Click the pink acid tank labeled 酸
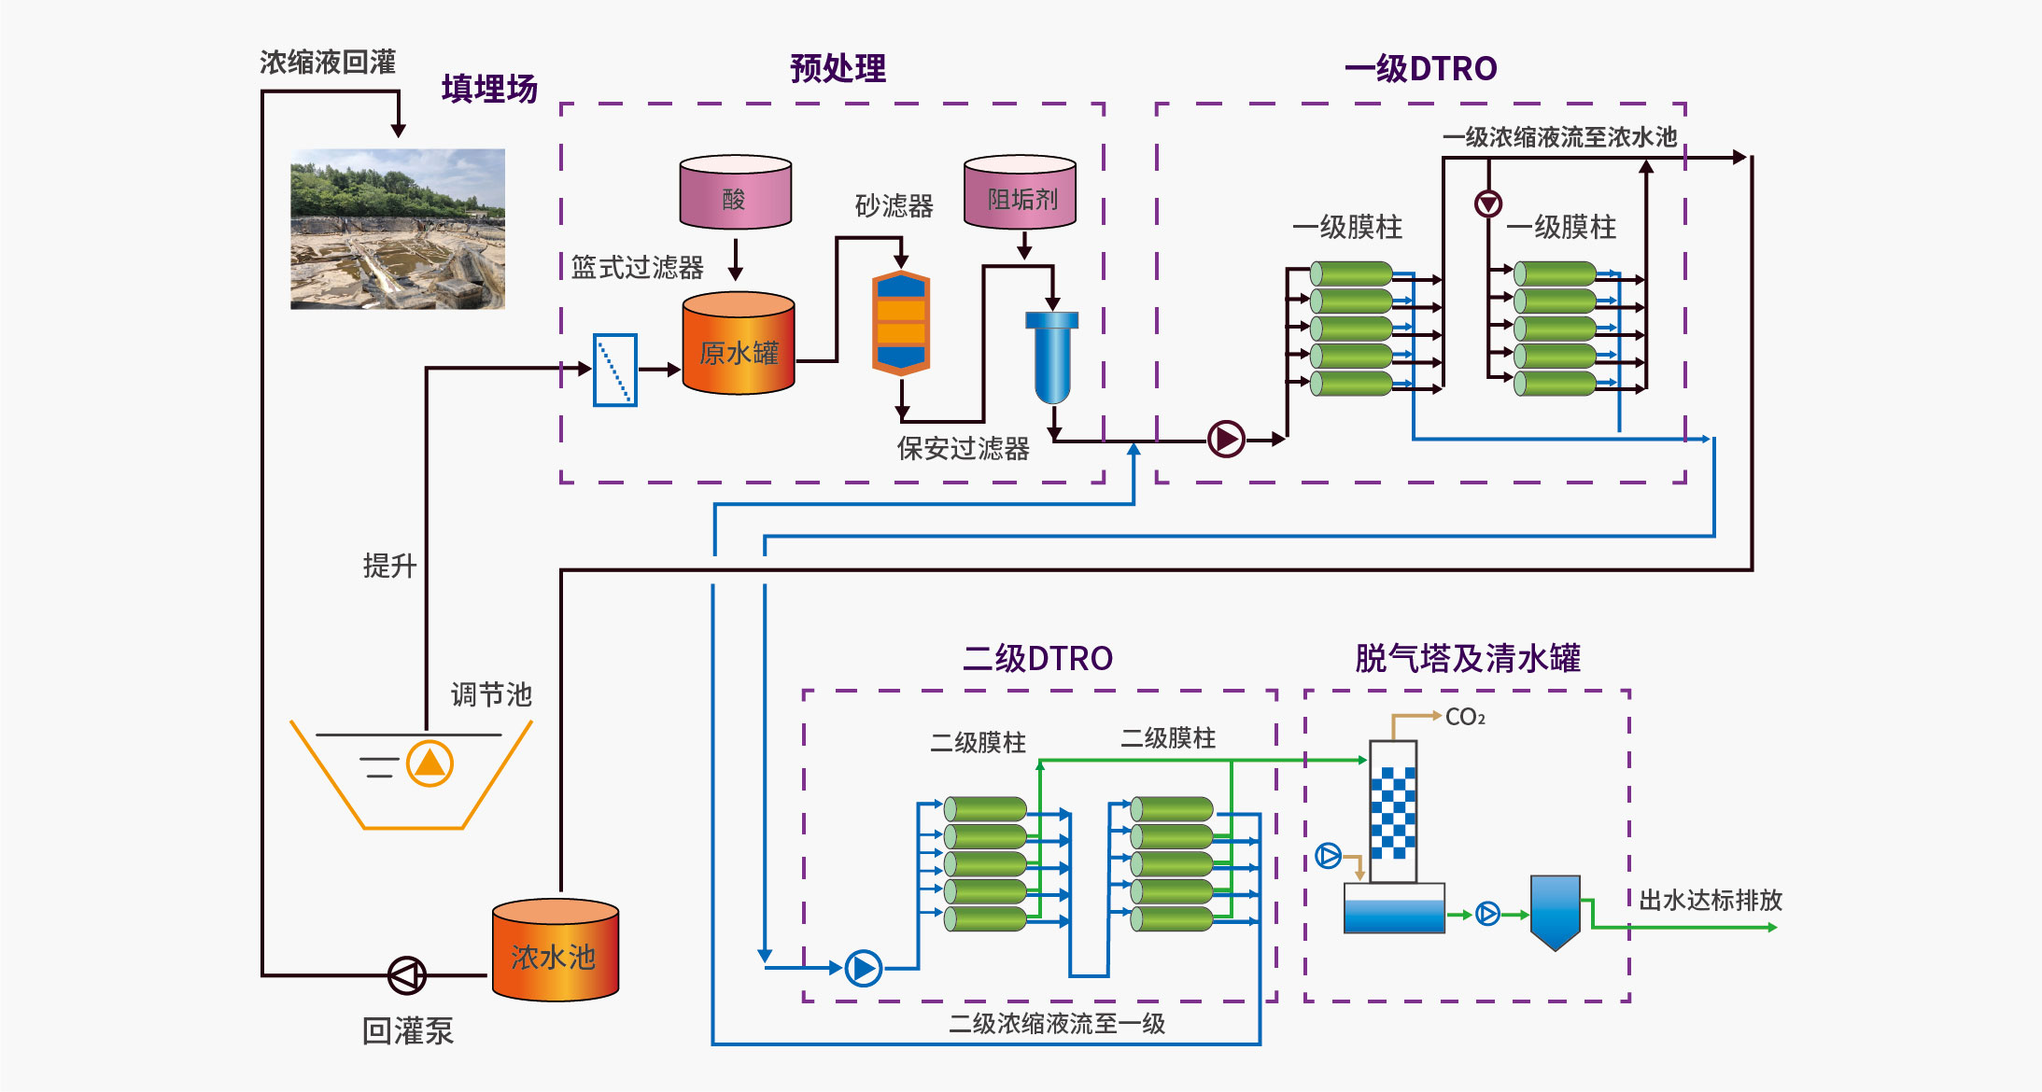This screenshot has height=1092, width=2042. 736,193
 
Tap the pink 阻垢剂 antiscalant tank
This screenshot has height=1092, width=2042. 1020,193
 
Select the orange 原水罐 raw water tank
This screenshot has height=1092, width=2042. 739,344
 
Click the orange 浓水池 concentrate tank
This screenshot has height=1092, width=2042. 556,950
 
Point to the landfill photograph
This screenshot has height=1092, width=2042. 398,229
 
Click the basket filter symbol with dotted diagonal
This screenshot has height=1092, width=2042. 615,371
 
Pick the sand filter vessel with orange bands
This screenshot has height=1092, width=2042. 901,323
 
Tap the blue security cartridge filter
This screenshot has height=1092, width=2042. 1052,356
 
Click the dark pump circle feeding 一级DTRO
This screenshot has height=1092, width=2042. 1226,439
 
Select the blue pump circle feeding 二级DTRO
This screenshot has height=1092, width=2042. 864,968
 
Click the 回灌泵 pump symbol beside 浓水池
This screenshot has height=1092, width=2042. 407,975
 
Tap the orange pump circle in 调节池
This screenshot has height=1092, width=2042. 430,763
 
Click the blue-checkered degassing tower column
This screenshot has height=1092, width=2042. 1393,811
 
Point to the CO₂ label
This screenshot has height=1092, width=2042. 1465,717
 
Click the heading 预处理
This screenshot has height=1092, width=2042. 838,68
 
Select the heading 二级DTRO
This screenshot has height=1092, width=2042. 1037,658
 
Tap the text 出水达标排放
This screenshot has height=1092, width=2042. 1711,900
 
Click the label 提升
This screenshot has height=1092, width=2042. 389,566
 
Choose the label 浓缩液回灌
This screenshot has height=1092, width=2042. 328,63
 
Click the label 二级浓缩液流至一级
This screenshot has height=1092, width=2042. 1057,1024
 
